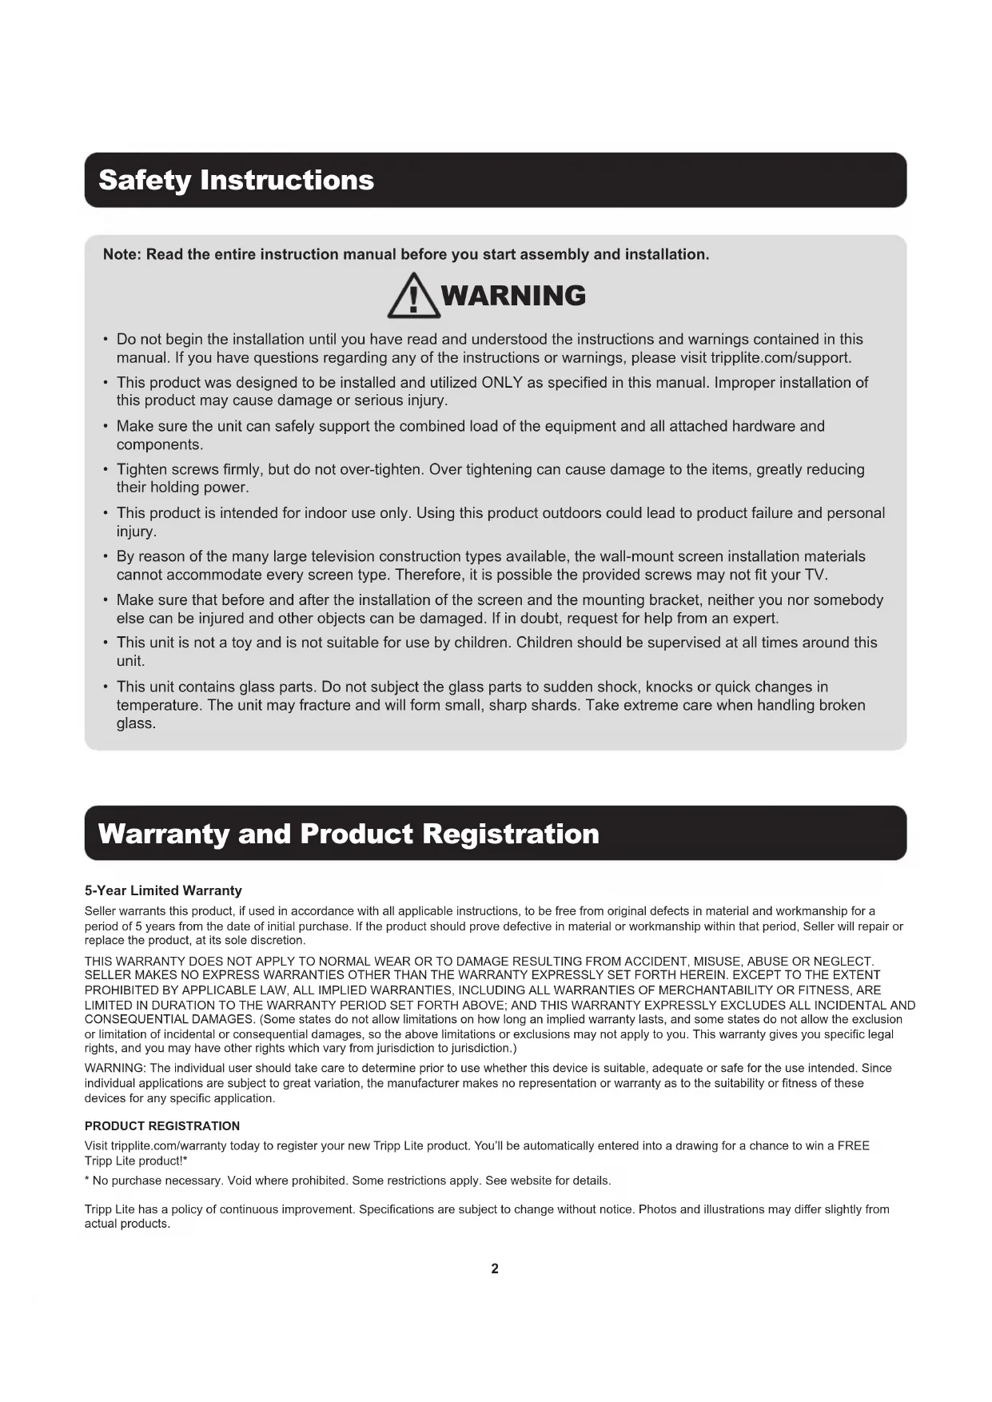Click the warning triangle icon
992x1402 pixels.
413,297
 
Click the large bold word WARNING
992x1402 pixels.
513,296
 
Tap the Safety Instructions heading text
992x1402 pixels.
236,180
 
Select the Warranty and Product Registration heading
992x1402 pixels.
349,834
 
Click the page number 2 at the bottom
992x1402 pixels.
495,1269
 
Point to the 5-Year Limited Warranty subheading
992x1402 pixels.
163,890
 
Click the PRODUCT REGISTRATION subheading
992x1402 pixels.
162,1126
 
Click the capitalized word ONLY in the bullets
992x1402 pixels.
502,382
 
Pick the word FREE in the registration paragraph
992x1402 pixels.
853,1145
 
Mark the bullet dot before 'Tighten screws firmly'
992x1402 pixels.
106,469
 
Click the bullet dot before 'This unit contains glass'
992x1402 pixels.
106,687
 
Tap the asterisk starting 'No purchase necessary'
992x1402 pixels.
87,1180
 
